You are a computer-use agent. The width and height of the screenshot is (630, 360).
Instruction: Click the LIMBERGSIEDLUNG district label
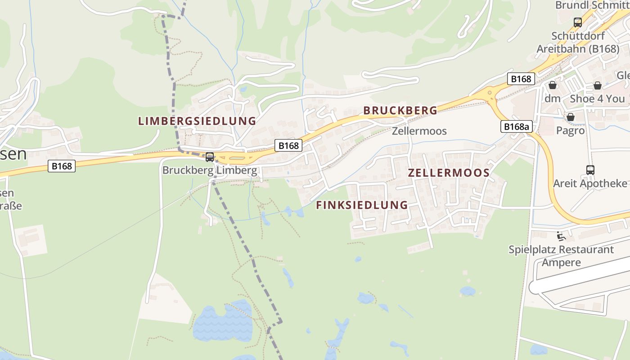click(197, 121)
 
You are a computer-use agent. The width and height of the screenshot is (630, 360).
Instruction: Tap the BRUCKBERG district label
click(400, 110)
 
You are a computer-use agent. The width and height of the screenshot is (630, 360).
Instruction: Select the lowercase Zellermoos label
click(419, 131)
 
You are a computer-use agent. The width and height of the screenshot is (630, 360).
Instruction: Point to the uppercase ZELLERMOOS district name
click(449, 173)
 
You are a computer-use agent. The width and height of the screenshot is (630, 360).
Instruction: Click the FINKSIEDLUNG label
click(362, 205)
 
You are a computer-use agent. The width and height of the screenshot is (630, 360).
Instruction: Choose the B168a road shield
click(516, 127)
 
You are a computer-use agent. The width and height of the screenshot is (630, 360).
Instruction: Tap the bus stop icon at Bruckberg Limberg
click(210, 157)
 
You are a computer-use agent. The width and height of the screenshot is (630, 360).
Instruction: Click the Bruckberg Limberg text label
click(210, 171)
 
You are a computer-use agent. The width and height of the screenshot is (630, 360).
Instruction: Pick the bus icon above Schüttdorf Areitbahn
click(577, 22)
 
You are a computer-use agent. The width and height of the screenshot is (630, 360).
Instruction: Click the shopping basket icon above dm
click(552, 85)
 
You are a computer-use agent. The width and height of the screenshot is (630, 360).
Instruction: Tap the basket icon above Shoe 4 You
click(597, 85)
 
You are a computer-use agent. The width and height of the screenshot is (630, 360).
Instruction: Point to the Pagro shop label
click(570, 131)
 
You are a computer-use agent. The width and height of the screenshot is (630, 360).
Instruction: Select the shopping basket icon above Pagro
click(570, 117)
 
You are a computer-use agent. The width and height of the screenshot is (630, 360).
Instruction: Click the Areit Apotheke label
click(589, 184)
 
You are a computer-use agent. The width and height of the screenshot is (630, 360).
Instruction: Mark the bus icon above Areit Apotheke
click(590, 170)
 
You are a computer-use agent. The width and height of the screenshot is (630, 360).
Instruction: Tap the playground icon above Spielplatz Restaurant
click(561, 236)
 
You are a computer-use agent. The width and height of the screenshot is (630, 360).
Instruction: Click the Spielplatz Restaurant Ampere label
click(561, 256)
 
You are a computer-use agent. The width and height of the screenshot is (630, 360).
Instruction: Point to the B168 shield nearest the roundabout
click(521, 79)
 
